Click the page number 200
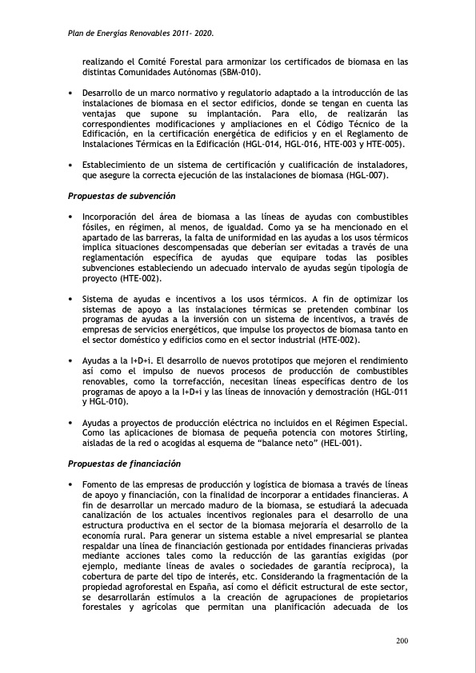(x=402, y=641)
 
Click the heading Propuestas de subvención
(x=122, y=196)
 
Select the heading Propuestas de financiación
(x=124, y=464)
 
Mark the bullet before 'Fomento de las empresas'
(x=70, y=484)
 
